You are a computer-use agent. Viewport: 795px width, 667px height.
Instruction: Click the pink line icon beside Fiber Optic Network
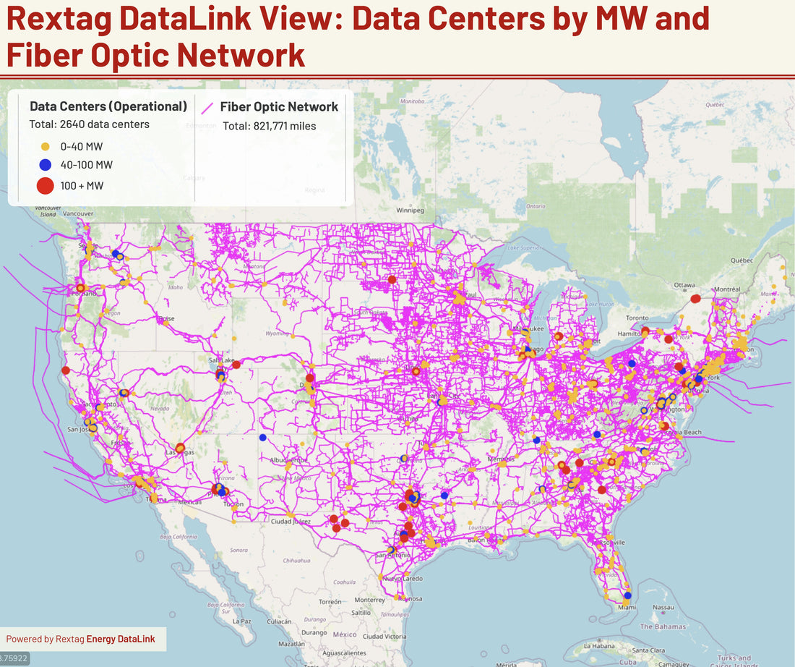click(x=208, y=108)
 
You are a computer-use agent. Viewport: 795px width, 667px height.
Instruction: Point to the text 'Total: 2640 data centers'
click(x=89, y=124)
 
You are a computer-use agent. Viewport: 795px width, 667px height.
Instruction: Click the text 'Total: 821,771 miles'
click(x=269, y=126)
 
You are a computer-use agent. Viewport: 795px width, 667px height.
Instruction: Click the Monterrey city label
click(x=369, y=600)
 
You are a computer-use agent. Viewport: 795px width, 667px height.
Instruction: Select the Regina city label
click(x=316, y=190)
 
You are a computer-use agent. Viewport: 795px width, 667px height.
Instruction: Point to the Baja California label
click(x=174, y=536)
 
